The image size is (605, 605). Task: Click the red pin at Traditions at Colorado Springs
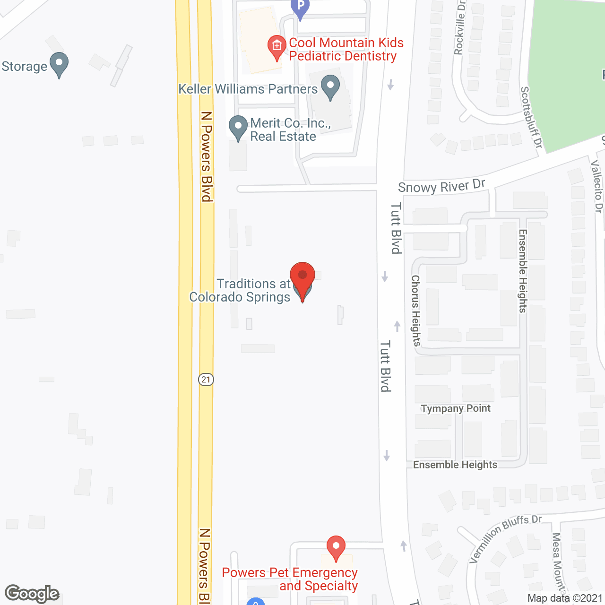(302, 277)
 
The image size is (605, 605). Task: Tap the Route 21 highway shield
(206, 380)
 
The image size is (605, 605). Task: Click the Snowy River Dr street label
(441, 186)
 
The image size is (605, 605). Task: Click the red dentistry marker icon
(277, 47)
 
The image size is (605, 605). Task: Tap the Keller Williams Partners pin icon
(330, 86)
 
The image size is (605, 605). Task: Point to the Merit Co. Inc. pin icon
(238, 127)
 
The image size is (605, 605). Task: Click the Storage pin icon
(59, 63)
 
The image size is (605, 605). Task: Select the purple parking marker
(300, 8)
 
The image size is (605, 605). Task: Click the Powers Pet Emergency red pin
(336, 547)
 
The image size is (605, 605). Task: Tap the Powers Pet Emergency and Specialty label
(290, 579)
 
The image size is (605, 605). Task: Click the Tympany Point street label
(456, 408)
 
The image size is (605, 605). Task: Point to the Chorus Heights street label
(416, 311)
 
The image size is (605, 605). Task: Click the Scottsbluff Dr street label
(531, 117)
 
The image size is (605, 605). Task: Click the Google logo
(32, 594)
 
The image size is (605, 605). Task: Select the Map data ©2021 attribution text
(565, 598)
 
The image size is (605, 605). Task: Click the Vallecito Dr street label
(597, 186)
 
